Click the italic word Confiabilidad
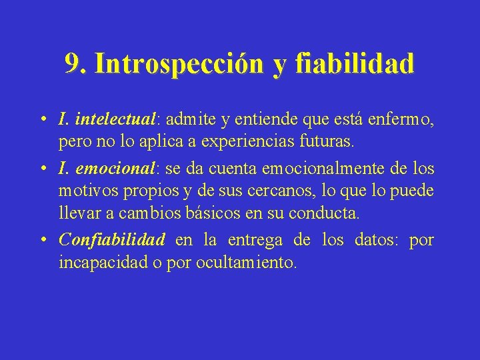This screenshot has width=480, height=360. [112, 239]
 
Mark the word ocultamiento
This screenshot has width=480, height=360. [245, 263]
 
